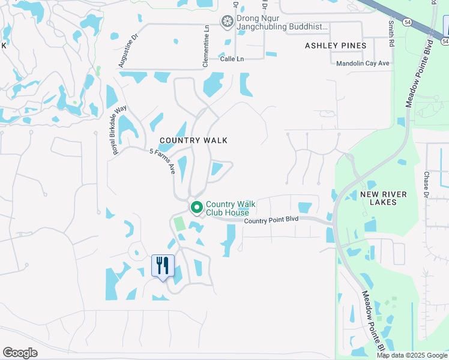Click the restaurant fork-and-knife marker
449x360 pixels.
tap(163, 265)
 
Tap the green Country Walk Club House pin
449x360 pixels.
tap(196, 208)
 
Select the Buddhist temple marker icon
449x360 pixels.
tap(228, 22)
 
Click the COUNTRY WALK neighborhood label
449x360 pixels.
tap(193, 140)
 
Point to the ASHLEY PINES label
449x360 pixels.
tap(336, 46)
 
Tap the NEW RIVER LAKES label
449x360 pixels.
tap(384, 198)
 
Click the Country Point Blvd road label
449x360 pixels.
tap(271, 220)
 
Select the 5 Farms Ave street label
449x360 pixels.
tap(163, 161)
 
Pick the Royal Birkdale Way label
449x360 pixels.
tap(120, 130)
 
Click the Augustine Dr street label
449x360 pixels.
tap(128, 50)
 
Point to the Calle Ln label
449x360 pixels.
tap(232, 59)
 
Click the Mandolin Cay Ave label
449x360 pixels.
tap(363, 63)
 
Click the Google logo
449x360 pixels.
tap(20, 353)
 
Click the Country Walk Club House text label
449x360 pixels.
tap(231, 208)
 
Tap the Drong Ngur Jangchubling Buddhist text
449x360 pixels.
tap(282, 22)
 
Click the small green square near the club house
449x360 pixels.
tap(179, 224)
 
